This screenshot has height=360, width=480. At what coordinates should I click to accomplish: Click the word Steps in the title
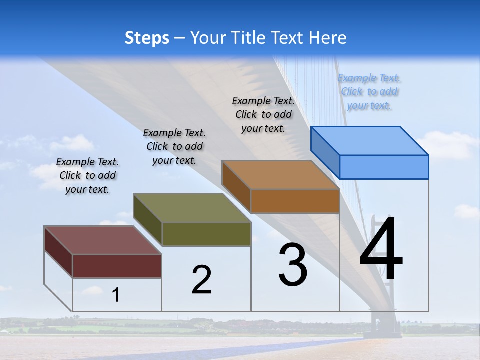pos(147,38)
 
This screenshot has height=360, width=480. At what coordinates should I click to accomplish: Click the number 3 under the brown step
pos(293,265)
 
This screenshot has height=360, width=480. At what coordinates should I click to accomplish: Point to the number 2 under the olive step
pos(201,280)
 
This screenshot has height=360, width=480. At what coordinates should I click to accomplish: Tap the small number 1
pos(116,295)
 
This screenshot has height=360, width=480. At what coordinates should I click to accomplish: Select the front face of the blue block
pos(384,167)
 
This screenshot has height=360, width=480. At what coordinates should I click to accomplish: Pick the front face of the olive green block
pos(206,234)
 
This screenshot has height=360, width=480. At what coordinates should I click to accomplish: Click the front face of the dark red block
pos(117,266)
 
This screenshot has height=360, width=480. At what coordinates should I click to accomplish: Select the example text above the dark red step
pos(87,175)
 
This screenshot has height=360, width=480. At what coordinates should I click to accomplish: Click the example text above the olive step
pos(174,146)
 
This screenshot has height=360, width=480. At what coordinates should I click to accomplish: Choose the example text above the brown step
pos(263,114)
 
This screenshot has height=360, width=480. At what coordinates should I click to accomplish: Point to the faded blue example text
pos(369,91)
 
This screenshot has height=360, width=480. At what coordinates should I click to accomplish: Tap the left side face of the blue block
pos(325,152)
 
